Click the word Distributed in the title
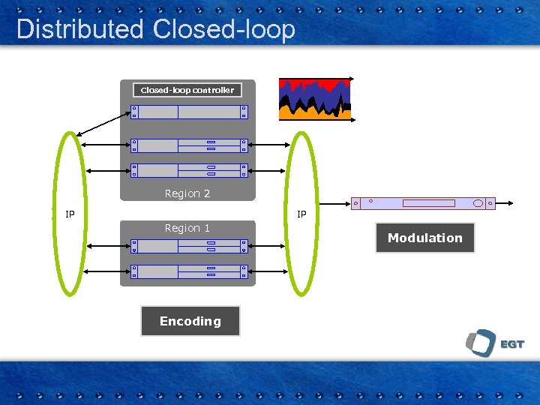[x=79, y=29]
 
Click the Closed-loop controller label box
[x=187, y=90]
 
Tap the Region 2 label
[x=187, y=193]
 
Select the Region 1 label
[x=187, y=228]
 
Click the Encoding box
[x=190, y=321]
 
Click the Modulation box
[x=425, y=238]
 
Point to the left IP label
[x=70, y=214]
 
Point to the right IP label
[x=301, y=214]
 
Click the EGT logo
[x=494, y=343]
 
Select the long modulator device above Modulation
[x=424, y=202]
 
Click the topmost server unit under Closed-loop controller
[x=188, y=112]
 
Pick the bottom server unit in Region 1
[x=188, y=271]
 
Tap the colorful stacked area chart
[x=315, y=99]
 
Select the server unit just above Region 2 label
[x=188, y=170]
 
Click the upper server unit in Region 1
[x=188, y=246]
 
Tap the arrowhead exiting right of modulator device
[x=509, y=202]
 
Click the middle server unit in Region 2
[x=188, y=145]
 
